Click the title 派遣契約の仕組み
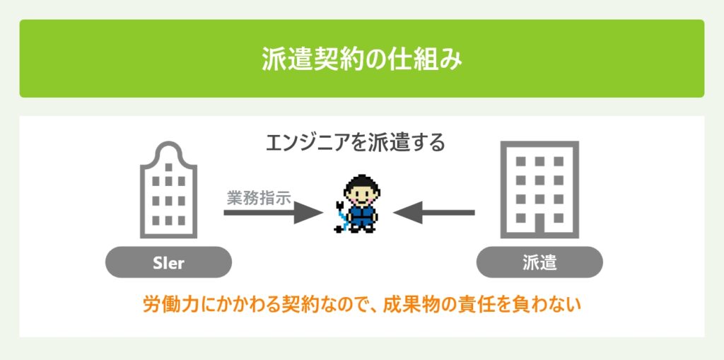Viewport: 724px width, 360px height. (362, 59)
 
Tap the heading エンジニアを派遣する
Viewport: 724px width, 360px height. (356, 143)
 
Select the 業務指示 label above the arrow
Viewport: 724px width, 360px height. (259, 198)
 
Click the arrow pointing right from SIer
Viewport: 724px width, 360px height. (274, 213)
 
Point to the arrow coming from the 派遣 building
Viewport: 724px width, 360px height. (434, 213)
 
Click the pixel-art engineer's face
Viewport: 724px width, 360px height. (362, 197)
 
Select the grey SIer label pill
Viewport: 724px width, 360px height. (168, 262)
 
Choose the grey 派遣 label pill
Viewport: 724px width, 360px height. (539, 262)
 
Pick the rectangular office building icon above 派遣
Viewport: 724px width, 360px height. (539, 190)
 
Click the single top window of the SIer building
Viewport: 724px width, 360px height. (168, 167)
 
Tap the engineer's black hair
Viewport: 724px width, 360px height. (362, 183)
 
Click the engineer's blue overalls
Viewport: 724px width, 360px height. (362, 216)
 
